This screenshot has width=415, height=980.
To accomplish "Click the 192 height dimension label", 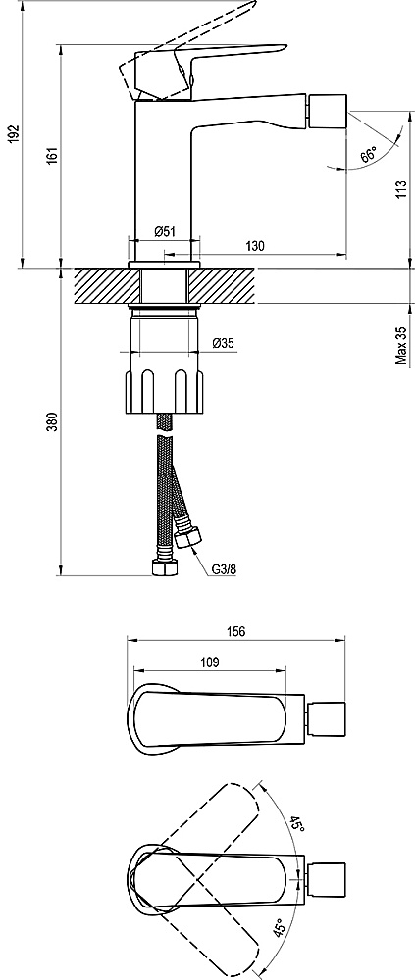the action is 15,135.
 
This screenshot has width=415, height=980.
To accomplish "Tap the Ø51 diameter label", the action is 165,232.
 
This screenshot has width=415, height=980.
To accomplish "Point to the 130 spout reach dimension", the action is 255,246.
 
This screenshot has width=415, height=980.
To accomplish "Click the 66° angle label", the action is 369,155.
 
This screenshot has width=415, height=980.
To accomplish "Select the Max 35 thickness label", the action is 401,344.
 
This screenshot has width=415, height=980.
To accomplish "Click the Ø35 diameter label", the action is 224,343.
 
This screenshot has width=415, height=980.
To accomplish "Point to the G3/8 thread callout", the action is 223,569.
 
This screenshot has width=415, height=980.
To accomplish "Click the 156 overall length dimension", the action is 236,632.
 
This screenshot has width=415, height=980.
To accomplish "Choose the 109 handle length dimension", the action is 210,662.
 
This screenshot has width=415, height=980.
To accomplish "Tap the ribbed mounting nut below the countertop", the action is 165,391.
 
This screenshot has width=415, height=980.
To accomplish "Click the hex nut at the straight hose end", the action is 165,567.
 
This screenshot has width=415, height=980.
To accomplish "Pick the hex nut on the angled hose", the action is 187,537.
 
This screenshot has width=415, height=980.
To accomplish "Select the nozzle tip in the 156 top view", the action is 329,718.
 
